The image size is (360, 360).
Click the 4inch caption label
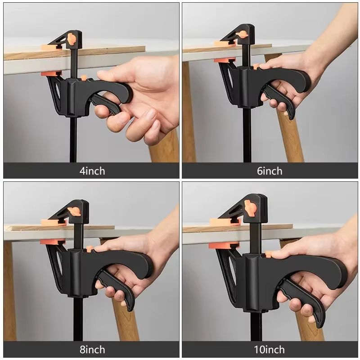click(x=92, y=171)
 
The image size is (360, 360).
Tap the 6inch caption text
click(x=270, y=171)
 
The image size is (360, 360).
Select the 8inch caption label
click(x=92, y=350)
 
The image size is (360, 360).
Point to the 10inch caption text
click(x=270, y=350)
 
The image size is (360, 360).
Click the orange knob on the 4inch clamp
click(x=71, y=39)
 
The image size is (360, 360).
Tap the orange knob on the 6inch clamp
click(x=243, y=34)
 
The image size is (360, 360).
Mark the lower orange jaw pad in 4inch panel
click(x=50, y=73)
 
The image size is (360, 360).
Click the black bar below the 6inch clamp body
click(x=247, y=135)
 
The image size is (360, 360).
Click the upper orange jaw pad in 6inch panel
click(x=225, y=44)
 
